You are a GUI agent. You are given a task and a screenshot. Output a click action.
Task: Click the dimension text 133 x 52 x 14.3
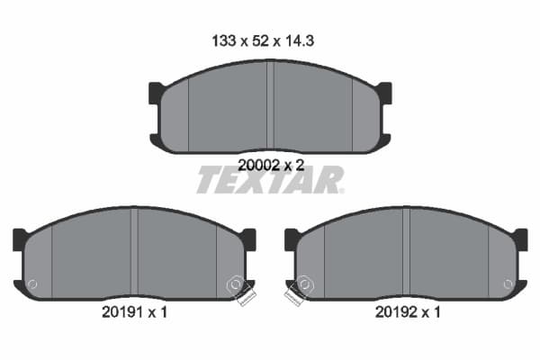click(x=263, y=41)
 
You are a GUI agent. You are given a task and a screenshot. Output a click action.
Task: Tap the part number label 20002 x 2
click(x=271, y=166)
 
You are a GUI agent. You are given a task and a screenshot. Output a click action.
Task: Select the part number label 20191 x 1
click(x=135, y=312)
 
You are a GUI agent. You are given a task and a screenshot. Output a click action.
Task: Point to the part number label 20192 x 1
click(x=408, y=312)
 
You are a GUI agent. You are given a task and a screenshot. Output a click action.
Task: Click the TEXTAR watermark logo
click(x=270, y=180)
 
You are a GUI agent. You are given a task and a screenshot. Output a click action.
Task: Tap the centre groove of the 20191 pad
click(x=134, y=252)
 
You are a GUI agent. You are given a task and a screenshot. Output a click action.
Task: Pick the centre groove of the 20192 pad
click(x=406, y=252)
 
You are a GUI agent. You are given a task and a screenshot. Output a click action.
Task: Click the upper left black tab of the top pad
click(x=156, y=93)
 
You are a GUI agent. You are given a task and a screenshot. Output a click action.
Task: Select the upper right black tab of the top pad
click(x=384, y=93)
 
